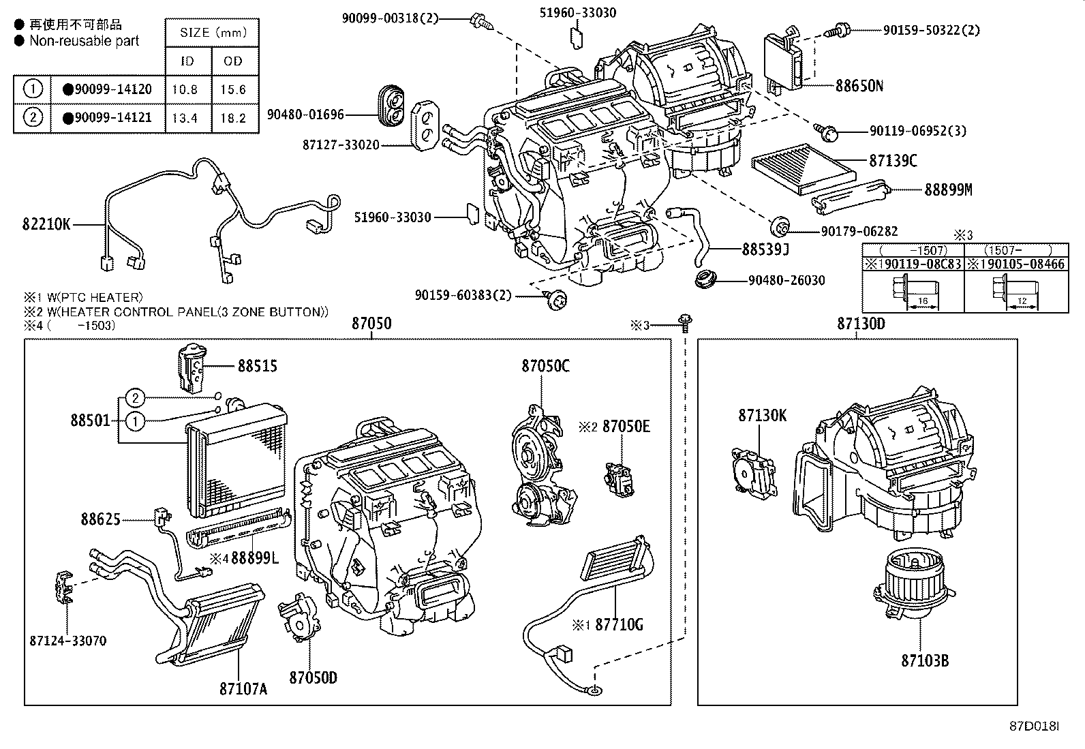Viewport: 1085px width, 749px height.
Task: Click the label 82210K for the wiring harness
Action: [x=47, y=224]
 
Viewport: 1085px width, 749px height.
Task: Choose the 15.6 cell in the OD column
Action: [x=233, y=89]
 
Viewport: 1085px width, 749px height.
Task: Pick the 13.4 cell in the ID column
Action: [x=185, y=118]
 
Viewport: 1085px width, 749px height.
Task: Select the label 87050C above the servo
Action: [x=545, y=366]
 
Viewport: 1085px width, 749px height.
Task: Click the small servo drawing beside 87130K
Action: [x=752, y=473]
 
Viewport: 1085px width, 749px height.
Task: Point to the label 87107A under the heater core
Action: [x=243, y=688]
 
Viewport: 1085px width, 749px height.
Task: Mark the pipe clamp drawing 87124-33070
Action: [x=63, y=587]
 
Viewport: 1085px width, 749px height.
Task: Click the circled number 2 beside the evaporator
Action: [x=136, y=398]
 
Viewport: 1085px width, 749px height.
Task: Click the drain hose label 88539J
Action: [x=765, y=249]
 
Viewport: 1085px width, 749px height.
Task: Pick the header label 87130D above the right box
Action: [x=861, y=324]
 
